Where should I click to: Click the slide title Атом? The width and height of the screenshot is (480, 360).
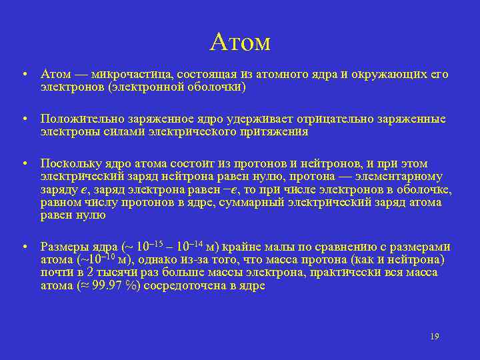(x=239, y=42)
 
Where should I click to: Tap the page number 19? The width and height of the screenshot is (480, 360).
(x=434, y=337)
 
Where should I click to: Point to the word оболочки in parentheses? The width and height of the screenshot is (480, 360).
(x=217, y=87)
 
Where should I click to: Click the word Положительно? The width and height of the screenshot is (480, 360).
(x=79, y=119)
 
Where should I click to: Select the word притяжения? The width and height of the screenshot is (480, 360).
(x=274, y=131)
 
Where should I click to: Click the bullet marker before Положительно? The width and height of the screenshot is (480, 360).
(x=23, y=119)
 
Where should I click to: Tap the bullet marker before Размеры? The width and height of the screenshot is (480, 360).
(x=23, y=247)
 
